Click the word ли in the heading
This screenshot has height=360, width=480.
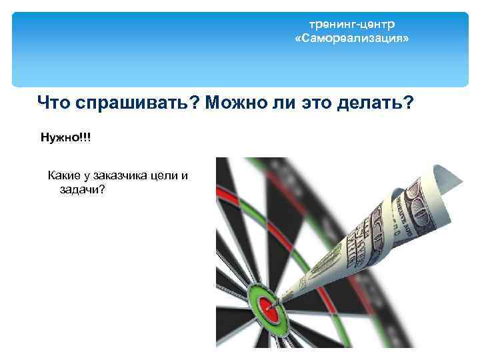(x=279, y=103)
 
